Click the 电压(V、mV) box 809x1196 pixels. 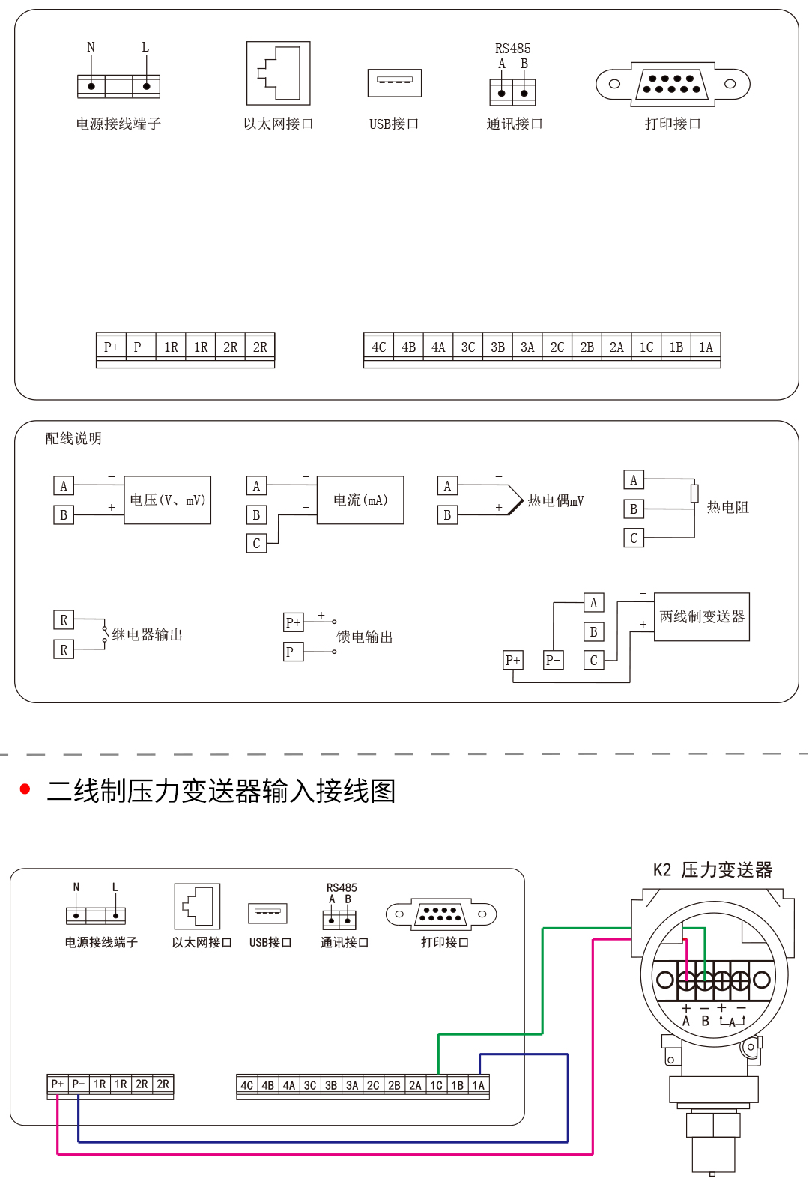[x=167, y=500]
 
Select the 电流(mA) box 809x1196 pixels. [x=360, y=500]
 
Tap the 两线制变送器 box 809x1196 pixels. [x=702, y=616]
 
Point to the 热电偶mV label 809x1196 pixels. [x=556, y=500]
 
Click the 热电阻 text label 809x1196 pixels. [x=727, y=507]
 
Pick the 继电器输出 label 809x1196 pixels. [x=148, y=634]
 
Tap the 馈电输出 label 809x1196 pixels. [x=365, y=637]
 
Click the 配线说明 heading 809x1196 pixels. [x=73, y=438]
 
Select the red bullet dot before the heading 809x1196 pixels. [x=25, y=789]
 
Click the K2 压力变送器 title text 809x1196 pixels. [x=712, y=869]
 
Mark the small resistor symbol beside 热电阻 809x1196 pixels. [x=694, y=493]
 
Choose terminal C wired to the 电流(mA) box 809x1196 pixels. [x=256, y=544]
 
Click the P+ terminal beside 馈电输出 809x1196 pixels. [x=293, y=622]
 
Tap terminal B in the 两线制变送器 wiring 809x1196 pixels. [x=593, y=632]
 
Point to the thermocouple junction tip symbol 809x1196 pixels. [x=516, y=500]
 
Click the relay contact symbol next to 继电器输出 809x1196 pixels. [x=105, y=634]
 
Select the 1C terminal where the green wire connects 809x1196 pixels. [x=436, y=1085]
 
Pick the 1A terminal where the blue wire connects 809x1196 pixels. [x=479, y=1085]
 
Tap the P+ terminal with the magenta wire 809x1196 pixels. [x=57, y=1084]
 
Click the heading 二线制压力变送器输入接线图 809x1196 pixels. [x=221, y=791]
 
